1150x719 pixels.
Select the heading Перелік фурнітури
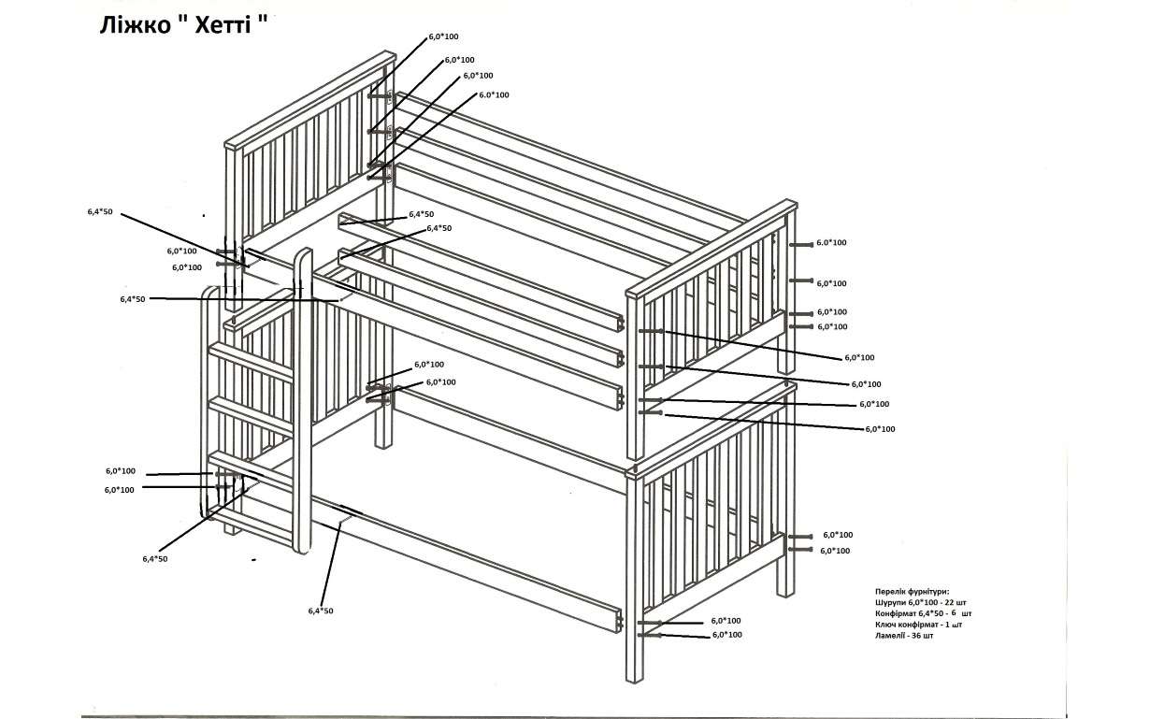(912, 592)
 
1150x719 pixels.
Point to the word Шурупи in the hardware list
(892, 602)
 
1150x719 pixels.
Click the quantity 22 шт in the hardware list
(956, 602)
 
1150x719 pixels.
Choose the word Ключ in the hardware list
(886, 624)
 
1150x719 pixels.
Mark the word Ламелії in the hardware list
(893, 635)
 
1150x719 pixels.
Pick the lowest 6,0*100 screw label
(727, 635)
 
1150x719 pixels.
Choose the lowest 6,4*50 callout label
(321, 611)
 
